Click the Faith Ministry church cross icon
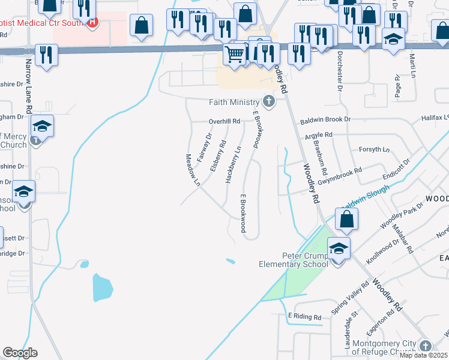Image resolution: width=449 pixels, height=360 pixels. (269, 102)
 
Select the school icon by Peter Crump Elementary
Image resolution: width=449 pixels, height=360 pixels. (338, 248)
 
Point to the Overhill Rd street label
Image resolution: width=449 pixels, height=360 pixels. (224, 121)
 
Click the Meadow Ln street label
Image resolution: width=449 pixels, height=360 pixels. (191, 169)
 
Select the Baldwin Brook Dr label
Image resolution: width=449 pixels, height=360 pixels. (325, 119)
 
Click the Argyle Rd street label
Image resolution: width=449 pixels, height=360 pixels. (318, 136)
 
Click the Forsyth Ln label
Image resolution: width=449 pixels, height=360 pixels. (373, 149)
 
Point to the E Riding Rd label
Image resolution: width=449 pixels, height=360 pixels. (305, 316)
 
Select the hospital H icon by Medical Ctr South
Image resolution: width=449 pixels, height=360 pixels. (92, 23)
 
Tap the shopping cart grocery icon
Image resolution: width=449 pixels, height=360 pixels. (234, 54)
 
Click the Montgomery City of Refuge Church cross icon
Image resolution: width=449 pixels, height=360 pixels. (426, 346)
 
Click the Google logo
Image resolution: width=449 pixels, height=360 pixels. (20, 353)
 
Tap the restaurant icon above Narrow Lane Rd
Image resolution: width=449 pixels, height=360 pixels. (46, 55)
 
